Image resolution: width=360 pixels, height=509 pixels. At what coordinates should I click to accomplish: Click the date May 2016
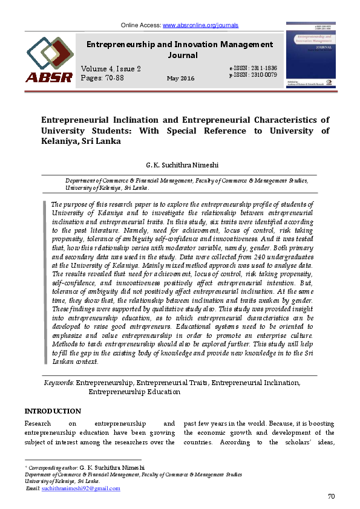tap(180, 79)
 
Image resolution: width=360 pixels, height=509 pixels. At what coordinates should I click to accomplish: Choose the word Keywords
tap(59, 383)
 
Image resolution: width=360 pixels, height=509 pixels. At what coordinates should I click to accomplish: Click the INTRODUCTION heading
tap(53, 411)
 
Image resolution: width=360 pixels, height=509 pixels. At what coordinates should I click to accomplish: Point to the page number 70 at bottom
tap(331, 497)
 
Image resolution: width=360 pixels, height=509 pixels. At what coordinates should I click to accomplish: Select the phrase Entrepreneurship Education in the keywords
tap(134, 391)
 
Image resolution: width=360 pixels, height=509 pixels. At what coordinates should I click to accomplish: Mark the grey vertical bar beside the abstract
tap(45, 282)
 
